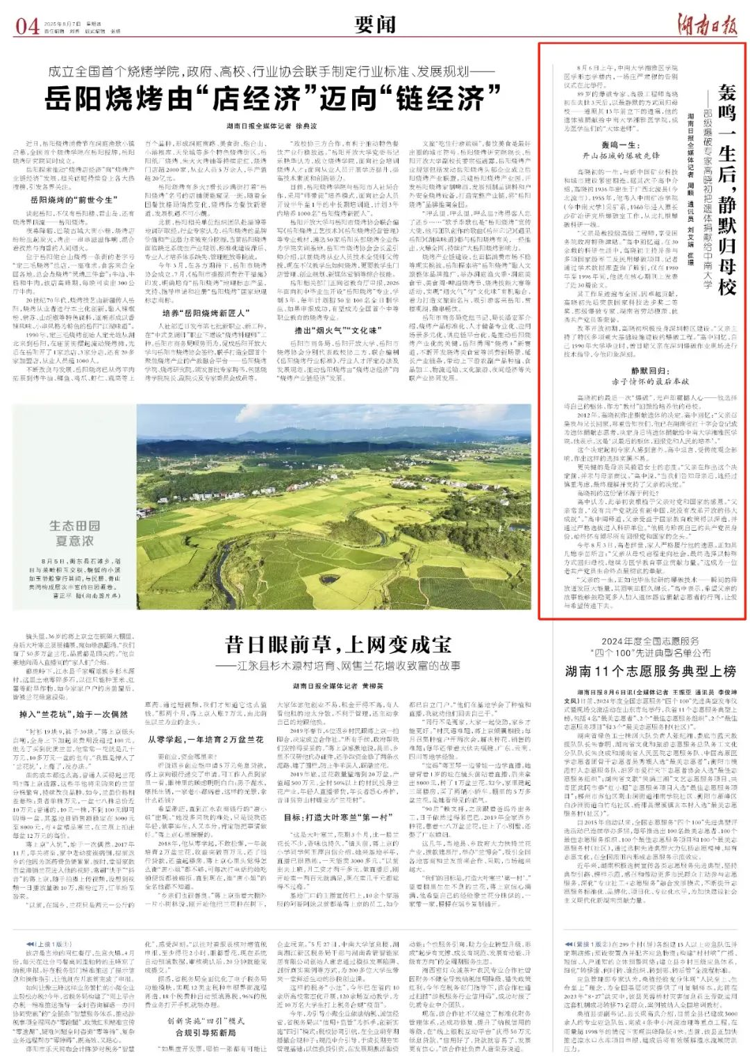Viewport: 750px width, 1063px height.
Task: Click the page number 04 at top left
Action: (28, 26)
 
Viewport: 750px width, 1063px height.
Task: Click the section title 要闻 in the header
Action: (374, 25)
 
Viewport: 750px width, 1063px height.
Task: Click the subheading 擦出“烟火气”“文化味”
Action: (335, 330)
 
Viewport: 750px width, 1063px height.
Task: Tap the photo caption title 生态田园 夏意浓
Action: (74, 534)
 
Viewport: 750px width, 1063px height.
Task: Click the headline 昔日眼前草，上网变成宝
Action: (338, 644)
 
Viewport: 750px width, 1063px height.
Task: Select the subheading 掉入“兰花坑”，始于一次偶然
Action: (74, 714)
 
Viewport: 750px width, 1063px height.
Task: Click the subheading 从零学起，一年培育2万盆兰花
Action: (207, 740)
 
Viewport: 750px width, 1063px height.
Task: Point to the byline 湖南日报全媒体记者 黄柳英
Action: (337, 685)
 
